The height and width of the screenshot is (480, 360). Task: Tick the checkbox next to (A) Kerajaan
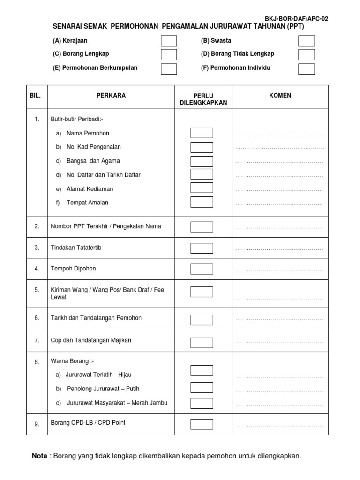(169, 41)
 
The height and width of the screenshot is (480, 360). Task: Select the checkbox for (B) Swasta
(307, 41)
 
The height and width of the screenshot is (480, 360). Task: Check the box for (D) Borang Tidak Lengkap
(307, 54)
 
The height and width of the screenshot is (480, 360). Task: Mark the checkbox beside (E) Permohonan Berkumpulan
(169, 69)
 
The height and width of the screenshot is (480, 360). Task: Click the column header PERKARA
(111, 96)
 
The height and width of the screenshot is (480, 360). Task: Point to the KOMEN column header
(280, 96)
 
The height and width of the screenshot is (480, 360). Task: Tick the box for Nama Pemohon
(202, 133)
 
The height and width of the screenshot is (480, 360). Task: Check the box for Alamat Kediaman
(202, 188)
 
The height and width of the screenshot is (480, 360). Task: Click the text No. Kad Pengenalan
(94, 147)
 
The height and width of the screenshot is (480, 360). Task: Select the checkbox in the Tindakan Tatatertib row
(202, 247)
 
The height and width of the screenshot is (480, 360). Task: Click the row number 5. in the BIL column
(37, 290)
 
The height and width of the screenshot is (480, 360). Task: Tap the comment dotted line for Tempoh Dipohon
(279, 270)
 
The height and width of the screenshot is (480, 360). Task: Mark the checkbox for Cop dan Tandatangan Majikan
(202, 340)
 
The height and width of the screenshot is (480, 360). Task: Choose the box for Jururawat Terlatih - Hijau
(202, 370)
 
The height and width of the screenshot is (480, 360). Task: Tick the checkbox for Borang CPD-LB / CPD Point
(202, 424)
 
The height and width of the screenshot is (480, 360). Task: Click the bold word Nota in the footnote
(39, 456)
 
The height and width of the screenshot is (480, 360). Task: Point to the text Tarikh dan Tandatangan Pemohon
(96, 318)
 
